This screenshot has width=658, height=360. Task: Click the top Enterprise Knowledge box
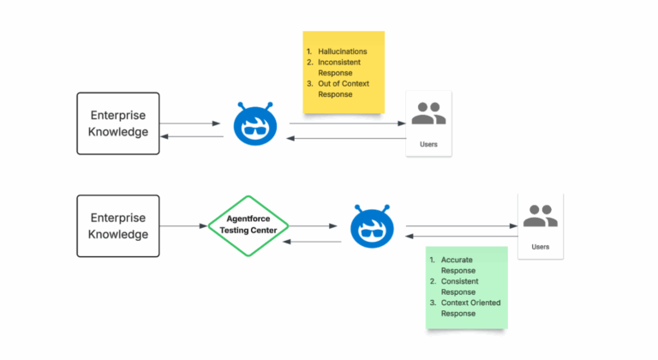tap(118, 123)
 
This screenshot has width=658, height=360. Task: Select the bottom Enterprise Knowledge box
tap(118, 226)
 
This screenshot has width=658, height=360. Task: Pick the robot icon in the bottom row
tap(373, 226)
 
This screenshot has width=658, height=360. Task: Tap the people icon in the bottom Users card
tap(540, 216)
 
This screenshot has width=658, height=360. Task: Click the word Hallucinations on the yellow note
tap(342, 51)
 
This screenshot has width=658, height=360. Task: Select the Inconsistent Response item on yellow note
tap(341, 68)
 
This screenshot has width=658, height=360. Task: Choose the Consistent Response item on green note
tap(459, 286)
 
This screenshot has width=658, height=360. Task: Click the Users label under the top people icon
tap(428, 144)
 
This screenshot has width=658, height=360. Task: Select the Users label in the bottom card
tap(540, 247)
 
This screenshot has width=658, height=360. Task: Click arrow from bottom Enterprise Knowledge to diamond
tap(185, 226)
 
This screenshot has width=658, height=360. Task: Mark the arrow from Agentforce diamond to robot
tap(312, 227)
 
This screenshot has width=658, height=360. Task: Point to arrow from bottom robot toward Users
tap(460, 227)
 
